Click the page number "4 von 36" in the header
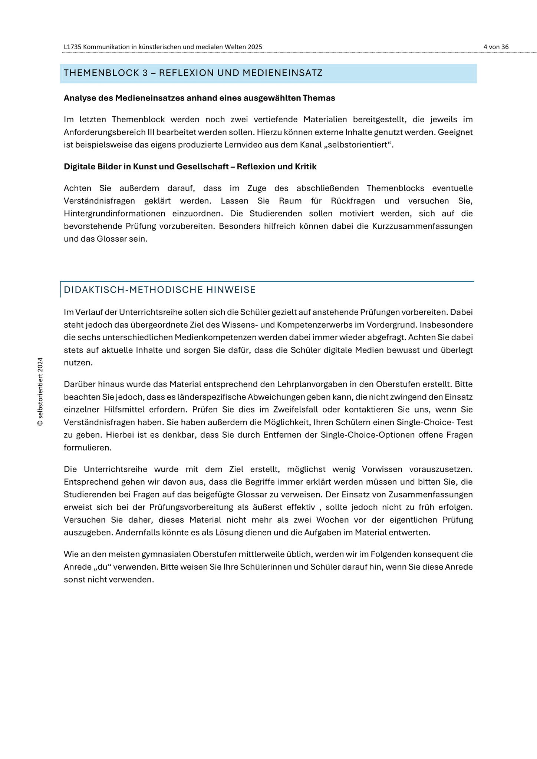[x=496, y=47]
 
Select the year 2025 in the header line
[x=256, y=47]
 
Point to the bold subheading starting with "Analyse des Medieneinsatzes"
[x=199, y=98]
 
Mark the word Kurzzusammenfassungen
[x=422, y=226]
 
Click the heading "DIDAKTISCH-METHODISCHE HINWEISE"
[x=160, y=290]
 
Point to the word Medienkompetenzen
[x=215, y=338]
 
